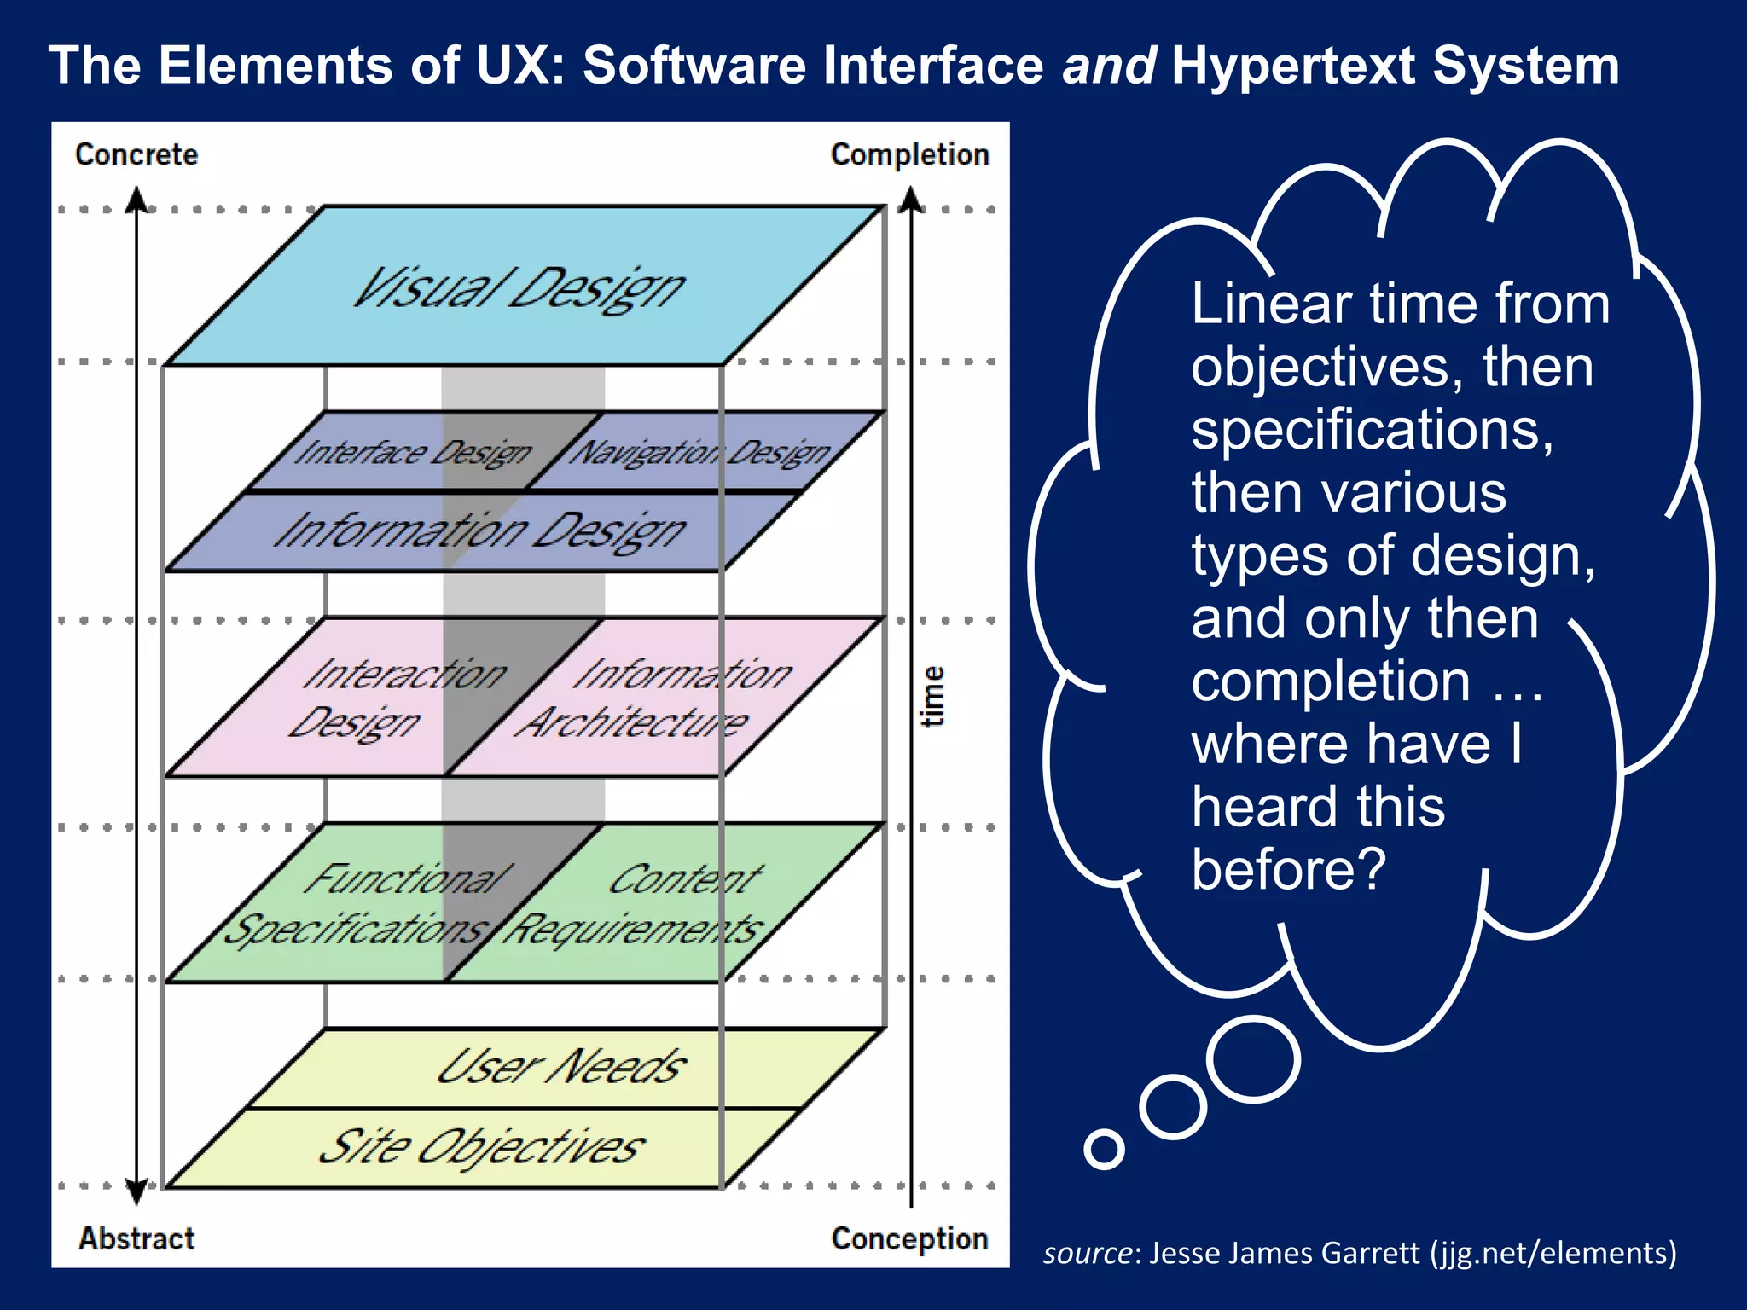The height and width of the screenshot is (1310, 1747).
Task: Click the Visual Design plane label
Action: [x=519, y=288]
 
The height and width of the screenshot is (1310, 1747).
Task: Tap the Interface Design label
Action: [x=413, y=452]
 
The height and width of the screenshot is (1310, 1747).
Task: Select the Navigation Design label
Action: [x=699, y=452]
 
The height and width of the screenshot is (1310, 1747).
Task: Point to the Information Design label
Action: [x=479, y=531]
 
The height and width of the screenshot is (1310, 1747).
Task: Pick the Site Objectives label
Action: [x=482, y=1146]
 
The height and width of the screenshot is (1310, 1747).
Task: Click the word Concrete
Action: [x=136, y=154]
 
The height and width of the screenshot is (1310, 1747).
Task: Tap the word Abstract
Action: [x=136, y=1238]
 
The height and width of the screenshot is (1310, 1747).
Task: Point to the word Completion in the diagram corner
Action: [x=909, y=154]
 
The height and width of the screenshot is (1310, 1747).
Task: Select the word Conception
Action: [x=909, y=1238]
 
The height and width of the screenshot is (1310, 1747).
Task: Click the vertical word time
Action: [x=933, y=696]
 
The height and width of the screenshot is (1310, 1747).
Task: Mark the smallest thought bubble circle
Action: [x=1104, y=1149]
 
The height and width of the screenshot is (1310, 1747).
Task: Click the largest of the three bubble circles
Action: [x=1254, y=1058]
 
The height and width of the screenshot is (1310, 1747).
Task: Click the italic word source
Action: [x=1087, y=1253]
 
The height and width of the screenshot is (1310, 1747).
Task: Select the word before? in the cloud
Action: [x=1288, y=869]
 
